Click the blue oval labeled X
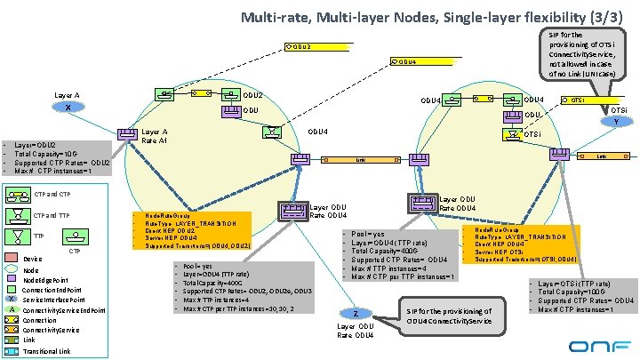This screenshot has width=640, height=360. [68, 108]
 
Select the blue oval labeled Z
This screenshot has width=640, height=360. [356, 315]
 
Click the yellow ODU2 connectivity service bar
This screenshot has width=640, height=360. [299, 47]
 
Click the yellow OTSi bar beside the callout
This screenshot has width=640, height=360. [576, 100]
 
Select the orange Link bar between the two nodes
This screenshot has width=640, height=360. [361, 161]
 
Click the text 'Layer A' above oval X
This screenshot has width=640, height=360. [67, 94]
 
